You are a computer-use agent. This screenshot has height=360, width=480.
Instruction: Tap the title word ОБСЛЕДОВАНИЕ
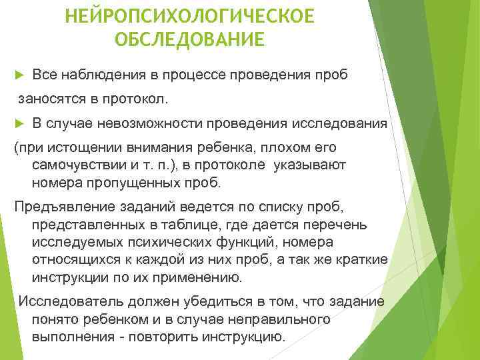[x=189, y=39]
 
